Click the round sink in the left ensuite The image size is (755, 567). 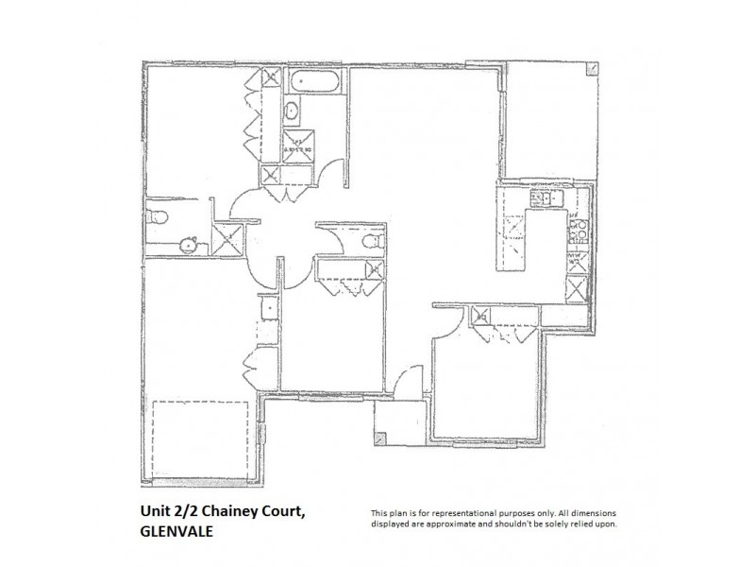(188, 245)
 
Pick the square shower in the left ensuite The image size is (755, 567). (226, 237)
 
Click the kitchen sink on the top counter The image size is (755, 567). (544, 198)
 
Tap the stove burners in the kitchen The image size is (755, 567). (578, 229)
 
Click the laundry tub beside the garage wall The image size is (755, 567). (268, 309)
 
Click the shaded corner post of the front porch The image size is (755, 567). (379, 438)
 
